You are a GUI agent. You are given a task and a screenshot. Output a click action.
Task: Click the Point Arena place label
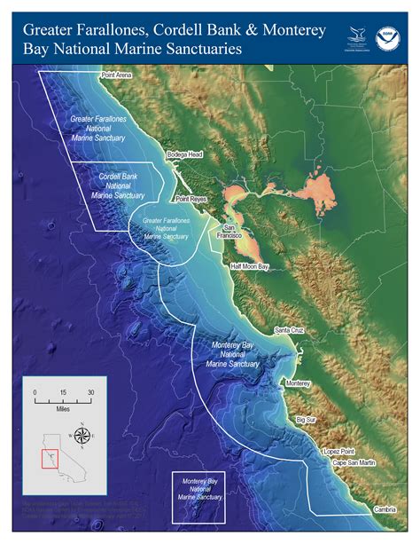click(117, 76)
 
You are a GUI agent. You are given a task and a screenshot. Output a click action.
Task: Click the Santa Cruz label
click(292, 330)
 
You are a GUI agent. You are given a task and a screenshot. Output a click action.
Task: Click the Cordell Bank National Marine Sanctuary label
click(117, 186)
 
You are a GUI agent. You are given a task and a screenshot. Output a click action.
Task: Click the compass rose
click(82, 435)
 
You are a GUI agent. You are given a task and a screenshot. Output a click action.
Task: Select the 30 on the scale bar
click(90, 392)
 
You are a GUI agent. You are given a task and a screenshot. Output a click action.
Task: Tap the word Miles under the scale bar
click(63, 412)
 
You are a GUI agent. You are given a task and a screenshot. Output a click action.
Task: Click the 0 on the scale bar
click(35, 392)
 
